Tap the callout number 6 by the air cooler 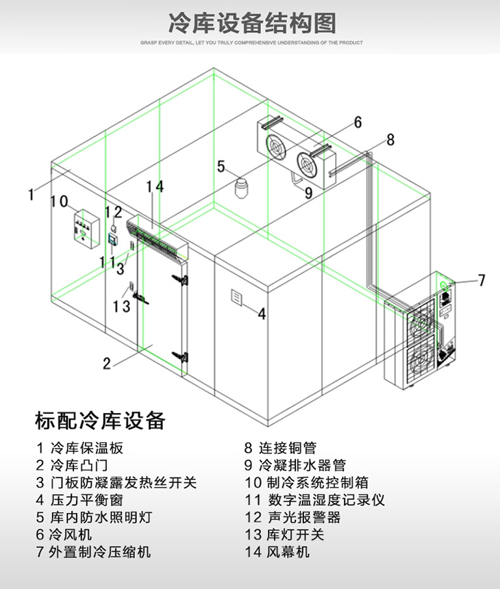(x=358, y=123)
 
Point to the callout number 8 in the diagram (x=390, y=140)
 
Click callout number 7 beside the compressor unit (x=481, y=279)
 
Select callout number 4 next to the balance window (x=262, y=314)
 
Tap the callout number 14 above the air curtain (x=155, y=186)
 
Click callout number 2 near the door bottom (x=107, y=363)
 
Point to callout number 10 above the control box (x=60, y=202)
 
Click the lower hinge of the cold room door (x=181, y=355)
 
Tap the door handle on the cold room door (x=140, y=298)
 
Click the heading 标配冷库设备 (x=100, y=420)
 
